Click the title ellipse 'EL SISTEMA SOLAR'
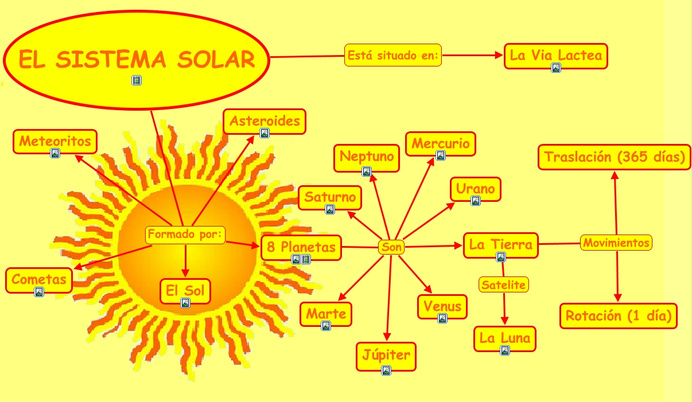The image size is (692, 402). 137,59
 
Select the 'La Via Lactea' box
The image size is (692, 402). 555,56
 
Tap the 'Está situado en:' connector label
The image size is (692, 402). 393,56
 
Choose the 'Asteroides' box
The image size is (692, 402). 265,122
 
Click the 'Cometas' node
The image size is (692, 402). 39,280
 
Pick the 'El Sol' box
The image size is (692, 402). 185,291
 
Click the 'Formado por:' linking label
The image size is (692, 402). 185,235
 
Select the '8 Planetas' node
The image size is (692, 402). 301,248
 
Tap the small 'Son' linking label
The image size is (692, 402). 392,248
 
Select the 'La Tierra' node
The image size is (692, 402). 501,245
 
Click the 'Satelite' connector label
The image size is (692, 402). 503,284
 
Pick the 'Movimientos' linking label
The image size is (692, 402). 616,243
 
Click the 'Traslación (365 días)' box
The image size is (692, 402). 614,157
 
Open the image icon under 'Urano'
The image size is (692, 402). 475,201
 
